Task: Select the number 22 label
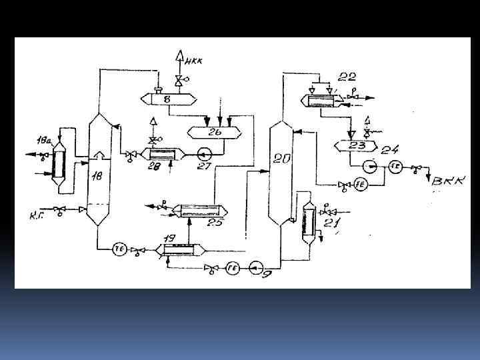tap(347, 76)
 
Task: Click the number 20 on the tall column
tap(282, 158)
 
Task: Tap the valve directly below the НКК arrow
tap(179, 81)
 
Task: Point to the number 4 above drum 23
tap(367, 121)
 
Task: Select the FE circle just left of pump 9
tap(232, 267)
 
